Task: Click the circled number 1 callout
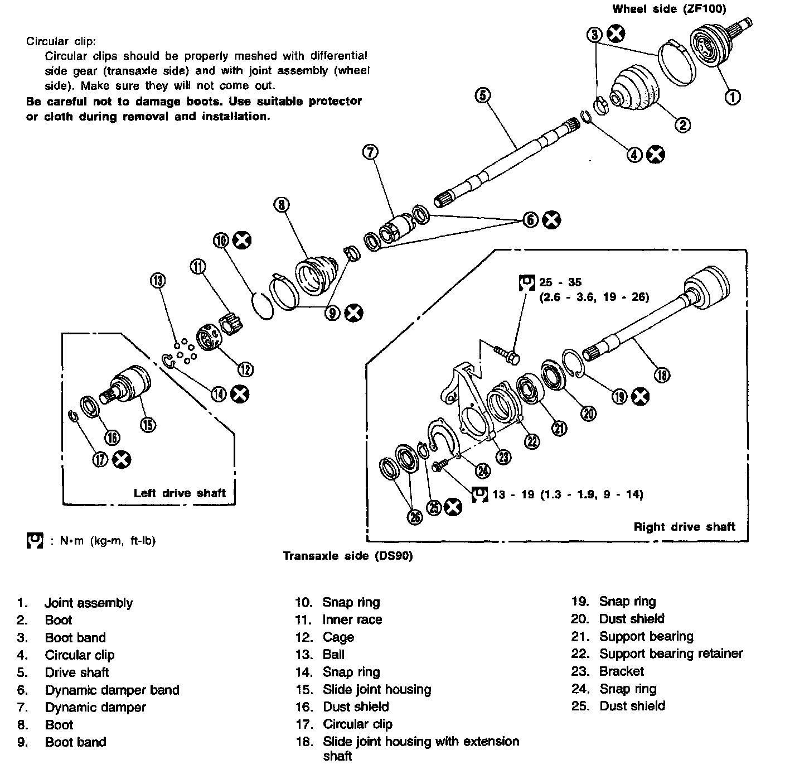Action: point(733,97)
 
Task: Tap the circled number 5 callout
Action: point(483,95)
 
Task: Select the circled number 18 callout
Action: point(662,375)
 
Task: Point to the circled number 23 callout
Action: point(503,457)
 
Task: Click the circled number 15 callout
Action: point(148,425)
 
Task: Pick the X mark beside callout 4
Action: point(656,155)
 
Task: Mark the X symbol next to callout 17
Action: point(122,460)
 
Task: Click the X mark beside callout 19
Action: point(641,396)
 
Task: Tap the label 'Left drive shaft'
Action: point(180,493)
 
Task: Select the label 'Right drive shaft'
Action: point(684,527)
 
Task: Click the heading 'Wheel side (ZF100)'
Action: point(669,9)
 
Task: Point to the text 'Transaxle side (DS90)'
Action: point(348,556)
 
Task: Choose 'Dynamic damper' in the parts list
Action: point(95,707)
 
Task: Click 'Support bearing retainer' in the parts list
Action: point(671,653)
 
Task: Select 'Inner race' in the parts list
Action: point(352,619)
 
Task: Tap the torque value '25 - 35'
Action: point(560,282)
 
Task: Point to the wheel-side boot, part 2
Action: point(636,90)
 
